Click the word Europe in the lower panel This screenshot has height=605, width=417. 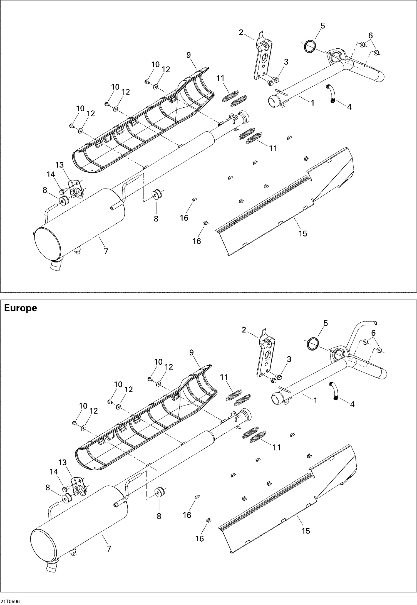tap(21, 308)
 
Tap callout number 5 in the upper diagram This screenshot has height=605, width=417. tap(322, 26)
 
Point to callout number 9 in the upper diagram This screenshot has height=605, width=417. tap(188, 55)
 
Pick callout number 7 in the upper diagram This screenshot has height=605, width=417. tap(106, 251)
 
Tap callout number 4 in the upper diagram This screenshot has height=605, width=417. tap(349, 107)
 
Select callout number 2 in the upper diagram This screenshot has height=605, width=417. tap(241, 32)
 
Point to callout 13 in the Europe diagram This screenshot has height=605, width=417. tap(63, 463)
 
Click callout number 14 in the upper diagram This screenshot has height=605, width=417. tap(51, 174)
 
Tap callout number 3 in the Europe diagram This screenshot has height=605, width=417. tap(289, 359)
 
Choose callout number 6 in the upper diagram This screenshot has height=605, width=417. tap(370, 36)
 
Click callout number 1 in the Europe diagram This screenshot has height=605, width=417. tap(315, 400)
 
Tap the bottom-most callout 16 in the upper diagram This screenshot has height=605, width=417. tap(197, 241)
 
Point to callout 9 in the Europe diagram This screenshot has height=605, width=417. tap(191, 353)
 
